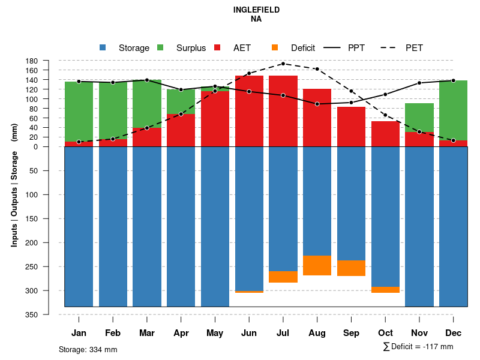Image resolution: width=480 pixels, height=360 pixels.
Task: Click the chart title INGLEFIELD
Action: [257, 10]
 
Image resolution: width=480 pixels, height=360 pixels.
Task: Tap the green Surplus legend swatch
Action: [160, 48]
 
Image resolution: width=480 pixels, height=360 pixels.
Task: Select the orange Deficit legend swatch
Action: [275, 48]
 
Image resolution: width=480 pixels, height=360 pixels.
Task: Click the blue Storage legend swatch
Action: [103, 48]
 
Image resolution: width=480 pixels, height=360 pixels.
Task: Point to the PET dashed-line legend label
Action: [414, 48]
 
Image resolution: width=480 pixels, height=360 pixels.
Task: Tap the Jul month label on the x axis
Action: [283, 333]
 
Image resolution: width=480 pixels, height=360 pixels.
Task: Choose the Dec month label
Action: [454, 333]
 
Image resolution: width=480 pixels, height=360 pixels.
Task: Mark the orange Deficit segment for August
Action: [317, 265]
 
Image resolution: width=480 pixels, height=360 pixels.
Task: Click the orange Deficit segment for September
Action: [352, 268]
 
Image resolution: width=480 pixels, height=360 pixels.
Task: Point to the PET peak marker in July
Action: [283, 64]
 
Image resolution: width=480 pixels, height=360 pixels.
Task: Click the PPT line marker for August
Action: [317, 104]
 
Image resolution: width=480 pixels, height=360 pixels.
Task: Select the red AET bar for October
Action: [386, 134]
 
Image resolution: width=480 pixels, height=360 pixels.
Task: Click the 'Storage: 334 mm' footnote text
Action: [88, 349]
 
